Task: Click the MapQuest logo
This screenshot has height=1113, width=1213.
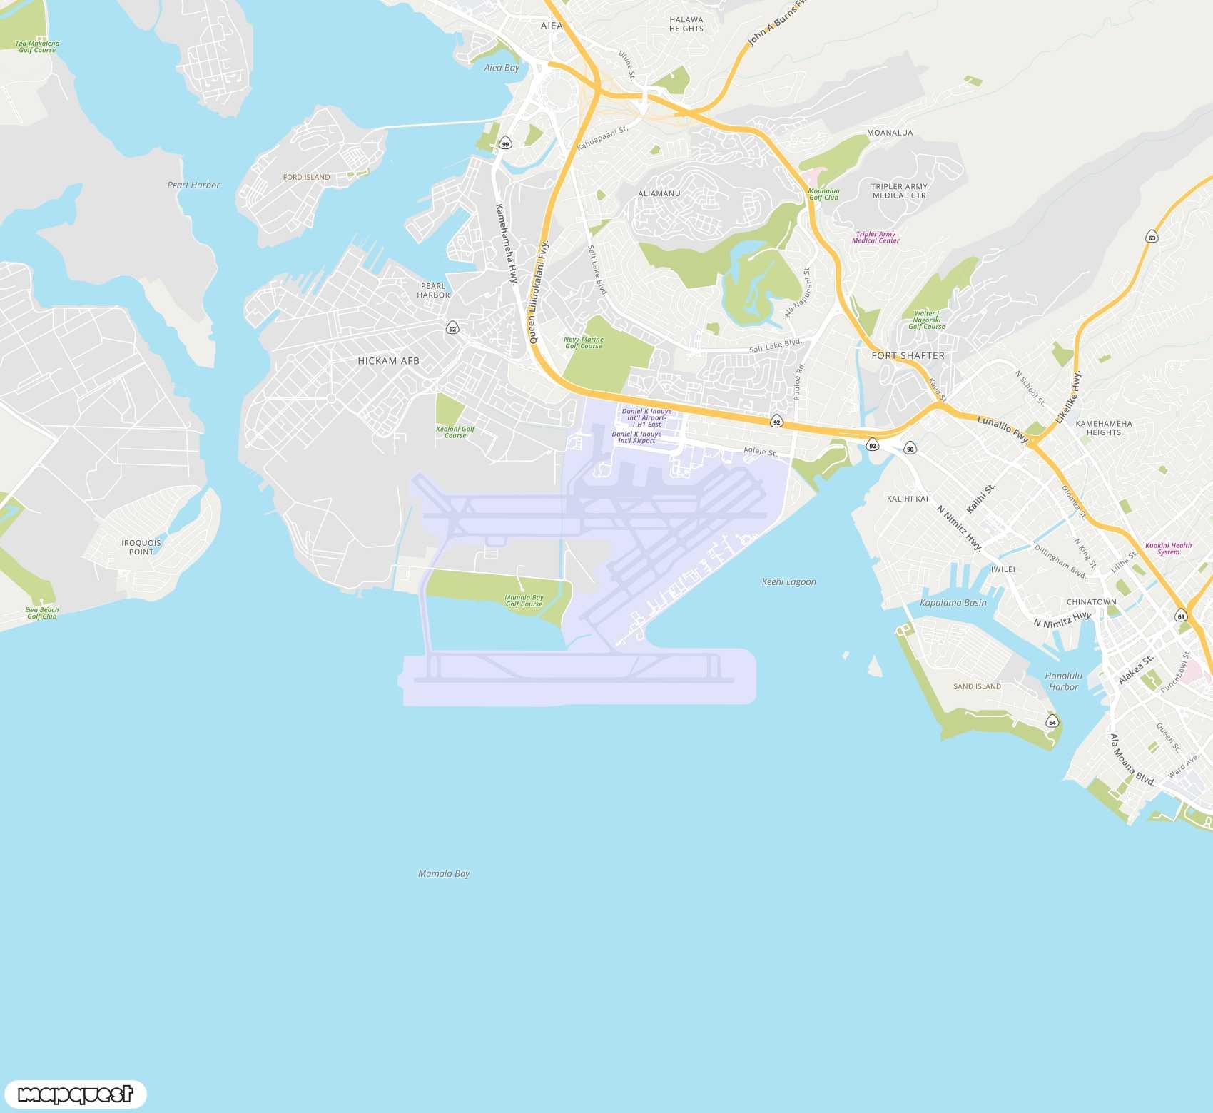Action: pos(75,1094)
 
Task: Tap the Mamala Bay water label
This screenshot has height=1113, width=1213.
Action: pos(444,873)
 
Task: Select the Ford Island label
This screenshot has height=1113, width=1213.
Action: pos(306,177)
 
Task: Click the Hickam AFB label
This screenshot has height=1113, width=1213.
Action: pos(388,361)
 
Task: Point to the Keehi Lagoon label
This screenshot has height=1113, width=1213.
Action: pos(788,581)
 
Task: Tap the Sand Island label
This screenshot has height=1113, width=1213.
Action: pos(977,686)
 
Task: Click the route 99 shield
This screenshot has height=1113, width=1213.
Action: pos(505,143)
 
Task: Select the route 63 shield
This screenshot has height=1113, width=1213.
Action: pos(1152,237)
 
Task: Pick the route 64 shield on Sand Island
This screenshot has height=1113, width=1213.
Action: pos(1052,722)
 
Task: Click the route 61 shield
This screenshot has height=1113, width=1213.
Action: pos(1181,616)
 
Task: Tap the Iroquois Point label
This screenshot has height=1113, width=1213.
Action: pos(141,547)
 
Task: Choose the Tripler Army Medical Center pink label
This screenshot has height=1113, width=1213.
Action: pos(876,238)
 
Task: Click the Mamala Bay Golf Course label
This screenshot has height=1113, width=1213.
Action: pos(524,601)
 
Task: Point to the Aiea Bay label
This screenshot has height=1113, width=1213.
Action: pos(502,68)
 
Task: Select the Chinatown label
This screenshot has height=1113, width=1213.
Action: pos(1091,601)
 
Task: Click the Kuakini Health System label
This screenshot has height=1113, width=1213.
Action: pos(1168,549)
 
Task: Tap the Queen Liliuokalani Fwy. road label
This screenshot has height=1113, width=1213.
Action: pos(539,293)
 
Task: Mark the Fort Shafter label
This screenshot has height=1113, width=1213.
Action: pos(908,355)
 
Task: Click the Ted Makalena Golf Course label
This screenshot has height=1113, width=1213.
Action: pos(37,46)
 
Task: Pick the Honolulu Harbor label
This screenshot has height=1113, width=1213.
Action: pos(1063,681)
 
